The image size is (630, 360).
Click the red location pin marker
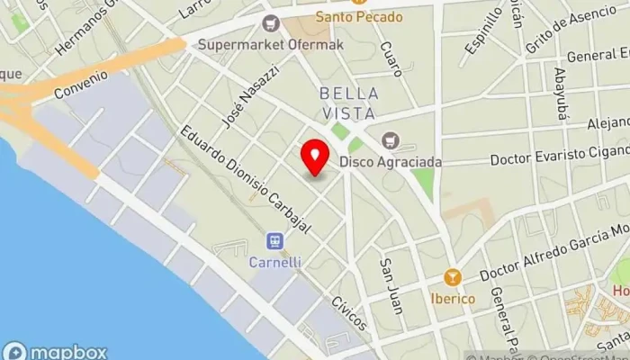pyautogui.click(x=315, y=158)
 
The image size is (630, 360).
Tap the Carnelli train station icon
pyautogui.click(x=275, y=241)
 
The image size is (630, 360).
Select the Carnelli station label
pyautogui.click(x=275, y=262)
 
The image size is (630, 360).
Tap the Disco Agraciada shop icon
pyautogui.click(x=390, y=140)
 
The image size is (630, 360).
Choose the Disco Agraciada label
pyautogui.click(x=391, y=162)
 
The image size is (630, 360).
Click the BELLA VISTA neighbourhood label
pyautogui.click(x=349, y=103)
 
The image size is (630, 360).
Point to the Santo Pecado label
pyautogui.click(x=358, y=17)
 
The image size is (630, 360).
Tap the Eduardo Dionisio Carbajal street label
pyautogui.click(x=244, y=178)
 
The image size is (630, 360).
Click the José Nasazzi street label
pyautogui.click(x=250, y=97)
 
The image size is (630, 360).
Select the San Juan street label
pyautogui.click(x=391, y=286)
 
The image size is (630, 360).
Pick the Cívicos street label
pyautogui.click(x=349, y=313)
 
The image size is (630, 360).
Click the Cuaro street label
pyautogui.click(x=390, y=58)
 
